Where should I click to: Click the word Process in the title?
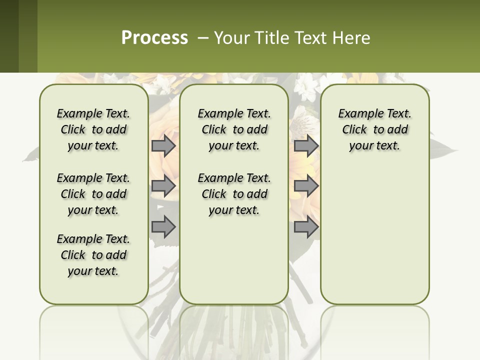[x=154, y=37]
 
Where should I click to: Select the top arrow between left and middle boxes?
[x=163, y=146]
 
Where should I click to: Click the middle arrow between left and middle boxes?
[x=163, y=186]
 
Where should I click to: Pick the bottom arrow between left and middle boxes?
[x=163, y=226]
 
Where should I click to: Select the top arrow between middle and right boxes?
[x=306, y=146]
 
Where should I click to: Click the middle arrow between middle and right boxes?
[x=306, y=186]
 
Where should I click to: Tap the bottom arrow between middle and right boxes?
[x=306, y=226]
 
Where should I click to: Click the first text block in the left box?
[x=93, y=129]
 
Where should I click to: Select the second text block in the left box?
[x=93, y=194]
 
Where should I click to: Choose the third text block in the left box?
[x=93, y=255]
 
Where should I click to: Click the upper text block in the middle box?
[x=234, y=129]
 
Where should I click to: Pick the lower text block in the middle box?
[x=234, y=194]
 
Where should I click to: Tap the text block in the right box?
[x=374, y=129]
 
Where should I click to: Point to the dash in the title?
[x=203, y=38]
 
